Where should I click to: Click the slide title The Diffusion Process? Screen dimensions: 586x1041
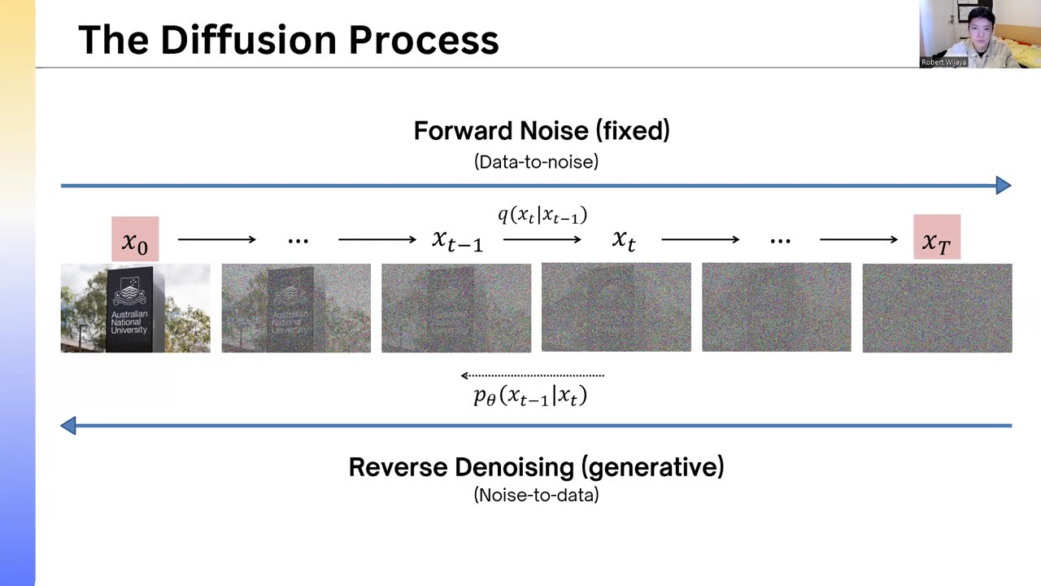click(x=288, y=40)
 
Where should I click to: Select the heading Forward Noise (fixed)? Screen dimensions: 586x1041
click(x=542, y=131)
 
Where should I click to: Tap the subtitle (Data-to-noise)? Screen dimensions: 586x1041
click(x=536, y=162)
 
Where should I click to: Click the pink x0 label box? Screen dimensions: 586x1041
click(x=135, y=239)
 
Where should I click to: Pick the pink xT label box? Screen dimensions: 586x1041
click(x=937, y=238)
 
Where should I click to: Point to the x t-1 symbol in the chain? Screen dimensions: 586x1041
click(x=456, y=240)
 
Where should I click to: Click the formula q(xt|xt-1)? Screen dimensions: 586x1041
click(x=542, y=216)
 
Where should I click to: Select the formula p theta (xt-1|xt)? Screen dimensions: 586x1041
click(x=530, y=396)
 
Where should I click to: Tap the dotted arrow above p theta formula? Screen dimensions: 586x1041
click(x=532, y=375)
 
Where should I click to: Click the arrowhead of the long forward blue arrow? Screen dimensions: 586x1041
click(x=1004, y=186)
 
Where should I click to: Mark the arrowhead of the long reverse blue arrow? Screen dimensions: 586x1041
click(x=69, y=425)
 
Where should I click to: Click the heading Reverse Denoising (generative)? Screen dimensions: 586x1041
click(x=536, y=467)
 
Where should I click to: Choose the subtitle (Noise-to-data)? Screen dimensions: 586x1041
click(x=536, y=495)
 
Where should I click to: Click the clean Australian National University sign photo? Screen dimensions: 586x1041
click(x=135, y=308)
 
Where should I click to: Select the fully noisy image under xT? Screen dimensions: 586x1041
click(x=937, y=308)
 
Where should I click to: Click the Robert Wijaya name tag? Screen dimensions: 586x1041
click(x=943, y=62)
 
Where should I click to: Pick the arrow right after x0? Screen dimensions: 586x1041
click(x=216, y=239)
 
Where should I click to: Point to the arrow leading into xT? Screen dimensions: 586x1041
click(x=858, y=239)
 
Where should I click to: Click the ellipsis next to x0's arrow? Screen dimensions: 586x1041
click(x=298, y=240)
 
